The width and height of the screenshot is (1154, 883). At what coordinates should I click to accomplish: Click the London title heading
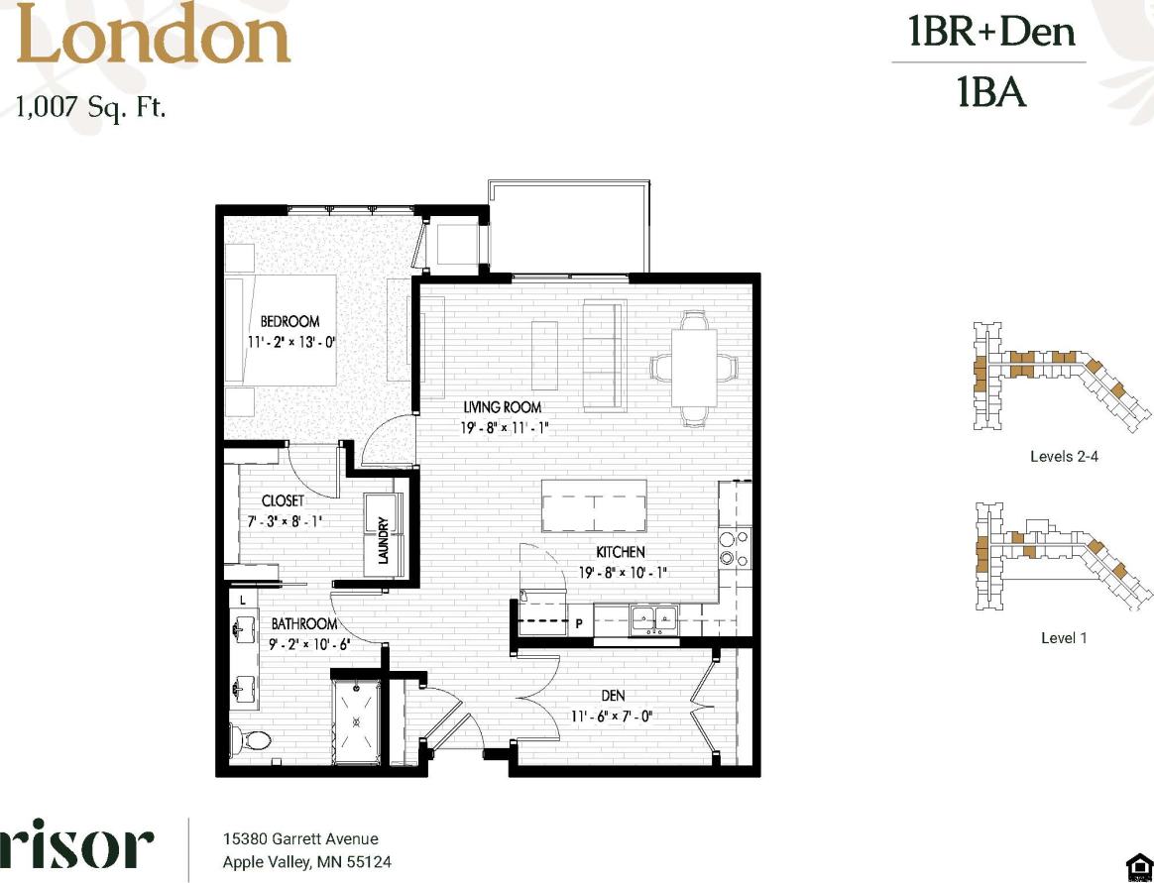[x=154, y=39]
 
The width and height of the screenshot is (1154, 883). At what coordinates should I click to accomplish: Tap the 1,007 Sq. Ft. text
[x=90, y=105]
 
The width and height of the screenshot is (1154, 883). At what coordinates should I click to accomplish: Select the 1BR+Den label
[x=990, y=33]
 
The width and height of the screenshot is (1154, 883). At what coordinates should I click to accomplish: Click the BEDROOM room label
[x=289, y=321]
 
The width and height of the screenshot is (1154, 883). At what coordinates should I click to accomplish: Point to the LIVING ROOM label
[x=503, y=406]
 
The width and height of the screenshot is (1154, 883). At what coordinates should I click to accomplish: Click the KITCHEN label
[x=621, y=552]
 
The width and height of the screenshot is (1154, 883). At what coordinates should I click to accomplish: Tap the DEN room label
[x=612, y=696]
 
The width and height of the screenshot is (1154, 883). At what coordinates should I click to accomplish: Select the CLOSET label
[x=283, y=500]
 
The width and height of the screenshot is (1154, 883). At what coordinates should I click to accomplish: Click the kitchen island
[x=594, y=506]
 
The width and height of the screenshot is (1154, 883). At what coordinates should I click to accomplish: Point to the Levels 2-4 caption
[x=1064, y=457]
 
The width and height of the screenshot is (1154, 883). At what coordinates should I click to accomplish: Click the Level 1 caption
[x=1064, y=637]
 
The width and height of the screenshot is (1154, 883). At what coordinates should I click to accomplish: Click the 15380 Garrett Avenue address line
[x=300, y=839]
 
